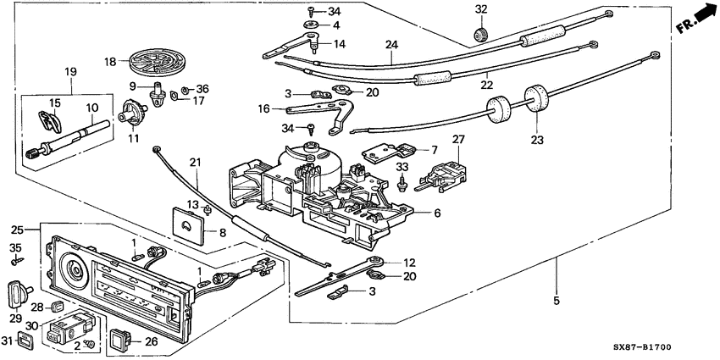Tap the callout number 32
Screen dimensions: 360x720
(x=482, y=9)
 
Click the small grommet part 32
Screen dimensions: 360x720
(x=482, y=33)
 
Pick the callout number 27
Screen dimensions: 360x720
(x=458, y=139)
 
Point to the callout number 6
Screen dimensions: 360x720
(x=437, y=214)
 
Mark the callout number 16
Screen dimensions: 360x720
(x=264, y=109)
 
